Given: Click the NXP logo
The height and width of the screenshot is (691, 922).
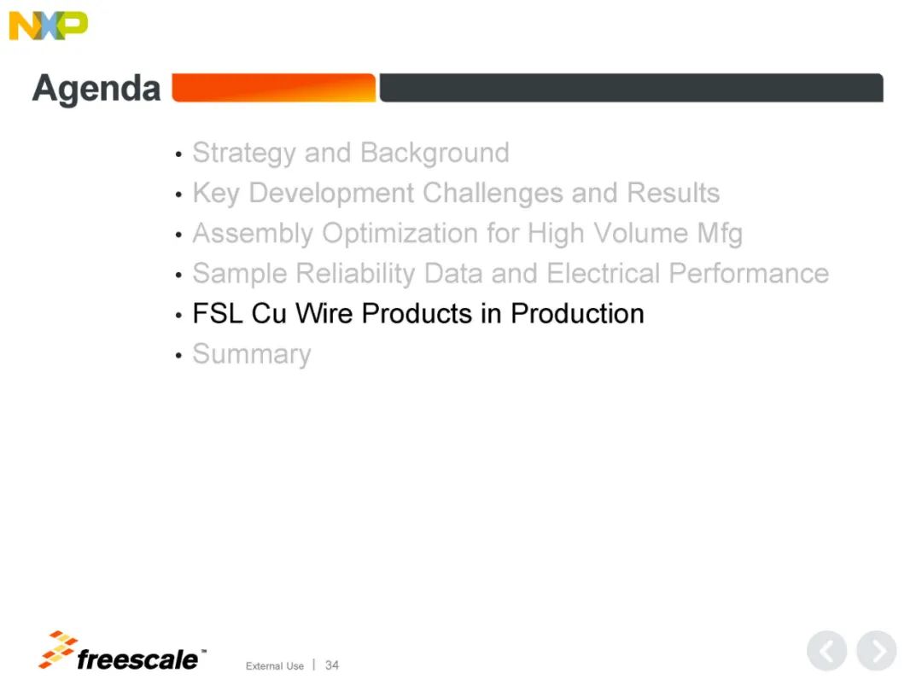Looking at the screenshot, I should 48,26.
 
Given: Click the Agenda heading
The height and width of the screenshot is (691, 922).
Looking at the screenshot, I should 96,89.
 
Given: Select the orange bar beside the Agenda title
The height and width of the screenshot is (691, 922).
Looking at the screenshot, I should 274,88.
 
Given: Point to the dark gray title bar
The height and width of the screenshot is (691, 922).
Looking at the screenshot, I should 631,88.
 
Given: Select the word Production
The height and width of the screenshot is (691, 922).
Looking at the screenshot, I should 577,314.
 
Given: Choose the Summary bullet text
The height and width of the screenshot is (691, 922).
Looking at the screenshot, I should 252,354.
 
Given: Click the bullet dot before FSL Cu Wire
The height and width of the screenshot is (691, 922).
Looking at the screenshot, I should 178,316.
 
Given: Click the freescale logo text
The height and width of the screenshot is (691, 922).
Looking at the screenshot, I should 139,659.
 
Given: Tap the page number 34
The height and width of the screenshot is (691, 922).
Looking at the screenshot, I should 332,665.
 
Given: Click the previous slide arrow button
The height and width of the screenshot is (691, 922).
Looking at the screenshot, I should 826,651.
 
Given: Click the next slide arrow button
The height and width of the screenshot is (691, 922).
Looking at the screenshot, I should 876,651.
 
